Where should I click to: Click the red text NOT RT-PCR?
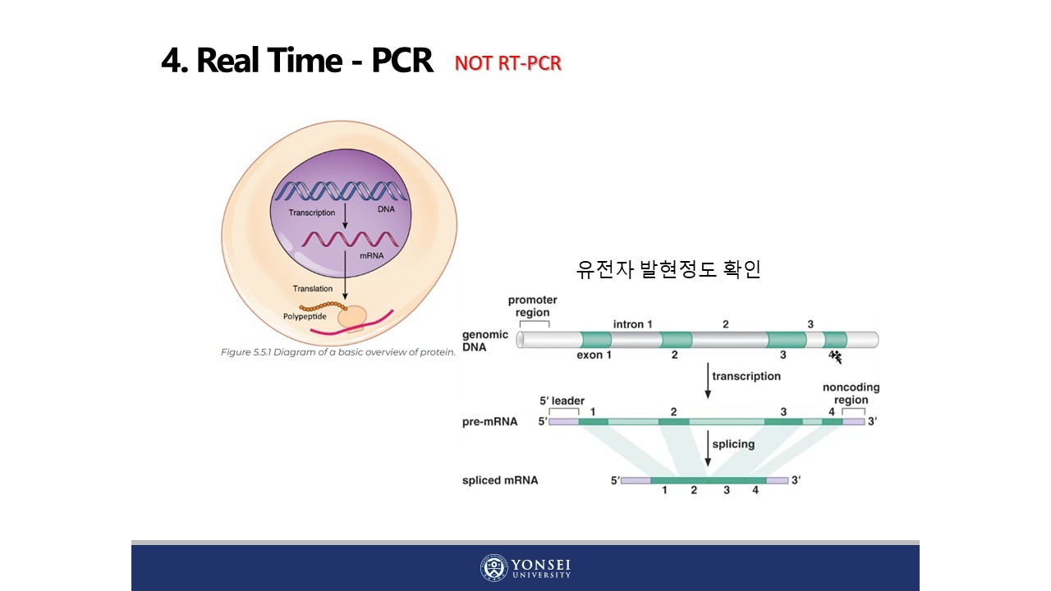(x=507, y=64)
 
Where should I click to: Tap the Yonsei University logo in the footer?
(x=525, y=567)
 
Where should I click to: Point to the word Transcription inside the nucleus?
(x=311, y=213)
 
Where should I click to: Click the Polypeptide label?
(x=305, y=315)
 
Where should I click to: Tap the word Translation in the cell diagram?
(x=313, y=288)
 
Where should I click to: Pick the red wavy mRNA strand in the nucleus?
(x=353, y=240)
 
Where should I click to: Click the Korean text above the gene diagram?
(x=668, y=270)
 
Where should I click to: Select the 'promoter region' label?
(x=532, y=306)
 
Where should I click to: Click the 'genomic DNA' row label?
(x=485, y=341)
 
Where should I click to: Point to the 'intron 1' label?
(x=633, y=324)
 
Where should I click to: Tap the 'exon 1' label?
(x=594, y=355)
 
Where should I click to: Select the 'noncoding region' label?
(x=851, y=393)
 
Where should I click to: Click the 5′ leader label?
(x=562, y=401)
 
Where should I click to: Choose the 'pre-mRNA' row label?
(x=490, y=422)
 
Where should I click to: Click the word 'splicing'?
(x=733, y=444)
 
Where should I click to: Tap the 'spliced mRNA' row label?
(x=500, y=480)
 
